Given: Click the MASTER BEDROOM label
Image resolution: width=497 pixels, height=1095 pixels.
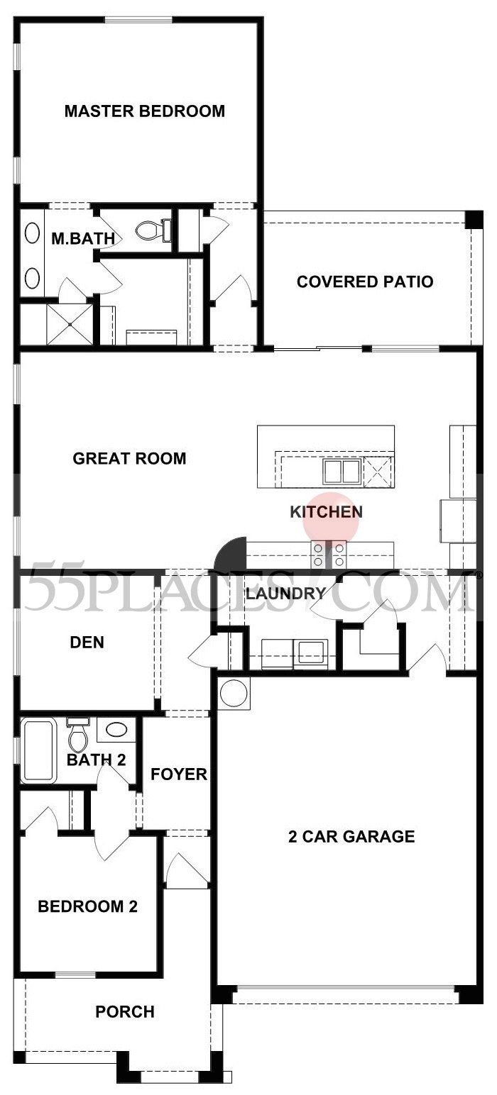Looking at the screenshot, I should coord(144,111).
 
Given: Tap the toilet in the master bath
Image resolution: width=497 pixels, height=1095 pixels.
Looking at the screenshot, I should coord(151,230).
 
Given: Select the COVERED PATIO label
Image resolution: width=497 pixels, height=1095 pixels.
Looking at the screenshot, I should coord(364,282).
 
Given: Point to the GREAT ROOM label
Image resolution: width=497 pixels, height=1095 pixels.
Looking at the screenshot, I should coord(129,458).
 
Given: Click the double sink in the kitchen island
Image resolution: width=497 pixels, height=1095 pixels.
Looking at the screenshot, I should coord(341,470).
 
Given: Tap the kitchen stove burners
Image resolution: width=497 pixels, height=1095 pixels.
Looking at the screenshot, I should coord(329,554).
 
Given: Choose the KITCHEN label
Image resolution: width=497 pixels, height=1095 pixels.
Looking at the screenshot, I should coord(326,511).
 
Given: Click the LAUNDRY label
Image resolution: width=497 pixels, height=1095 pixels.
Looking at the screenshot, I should coord(285,594).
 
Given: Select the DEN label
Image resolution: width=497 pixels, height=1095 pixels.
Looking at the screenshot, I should coord(87,643).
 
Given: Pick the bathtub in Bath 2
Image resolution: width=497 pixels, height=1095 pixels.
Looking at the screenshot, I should coord(38,751).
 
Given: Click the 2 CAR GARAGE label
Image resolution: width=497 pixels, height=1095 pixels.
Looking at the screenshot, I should coord(351,836).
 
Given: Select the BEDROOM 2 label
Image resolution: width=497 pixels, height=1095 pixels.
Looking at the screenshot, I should coord(87,906).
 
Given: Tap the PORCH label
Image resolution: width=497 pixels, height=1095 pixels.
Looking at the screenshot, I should coord(125,1011).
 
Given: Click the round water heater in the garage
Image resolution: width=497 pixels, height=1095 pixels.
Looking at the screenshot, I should coord(234,693).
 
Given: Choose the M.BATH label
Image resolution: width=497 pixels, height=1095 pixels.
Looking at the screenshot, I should coord(82,239).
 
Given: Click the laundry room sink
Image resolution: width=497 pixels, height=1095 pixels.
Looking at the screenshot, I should coord(311,651).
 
